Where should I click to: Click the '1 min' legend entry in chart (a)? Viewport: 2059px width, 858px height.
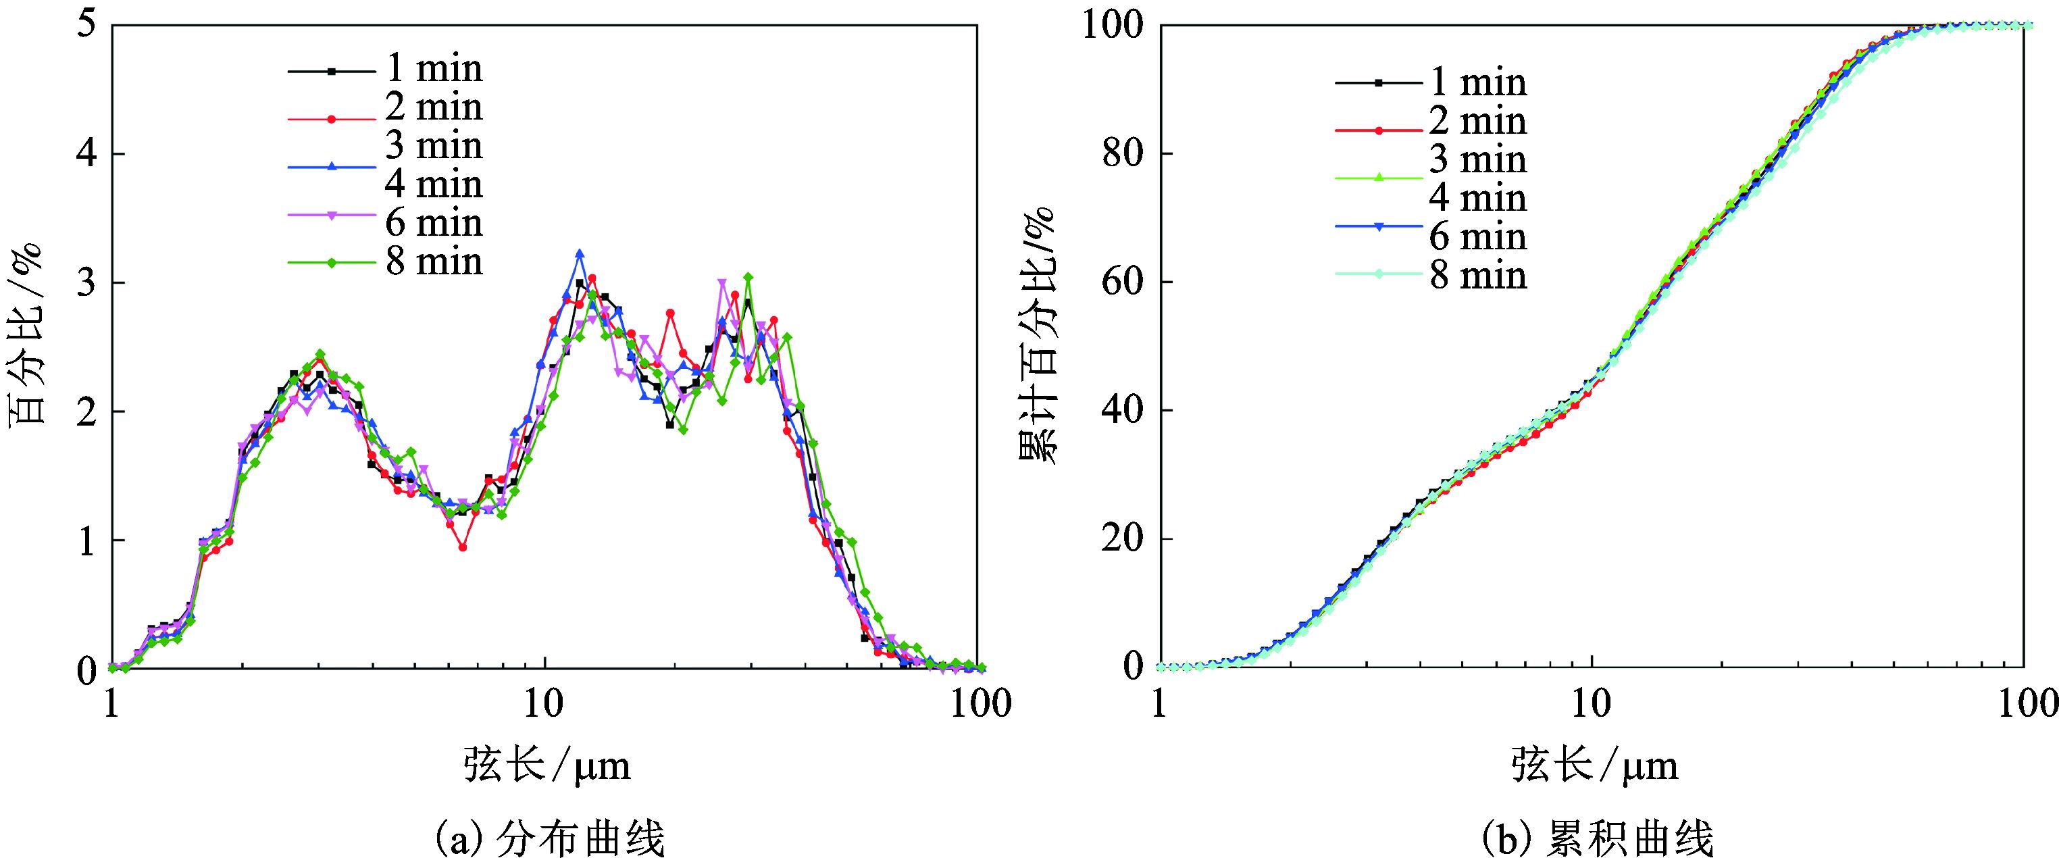433,69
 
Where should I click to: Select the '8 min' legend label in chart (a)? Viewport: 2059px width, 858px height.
433,262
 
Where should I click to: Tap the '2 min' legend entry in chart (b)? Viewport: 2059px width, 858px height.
1477,122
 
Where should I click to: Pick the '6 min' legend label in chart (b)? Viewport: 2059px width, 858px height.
1477,236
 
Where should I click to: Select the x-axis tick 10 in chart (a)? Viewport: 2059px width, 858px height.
544,704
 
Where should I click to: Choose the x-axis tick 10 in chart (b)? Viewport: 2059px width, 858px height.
1592,704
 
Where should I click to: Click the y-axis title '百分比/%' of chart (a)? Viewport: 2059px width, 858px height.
26,336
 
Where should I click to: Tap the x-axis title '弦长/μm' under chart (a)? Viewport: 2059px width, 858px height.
546,766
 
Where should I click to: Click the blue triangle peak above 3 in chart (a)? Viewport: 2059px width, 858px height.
580,253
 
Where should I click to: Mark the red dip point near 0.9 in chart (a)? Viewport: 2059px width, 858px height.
463,548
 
